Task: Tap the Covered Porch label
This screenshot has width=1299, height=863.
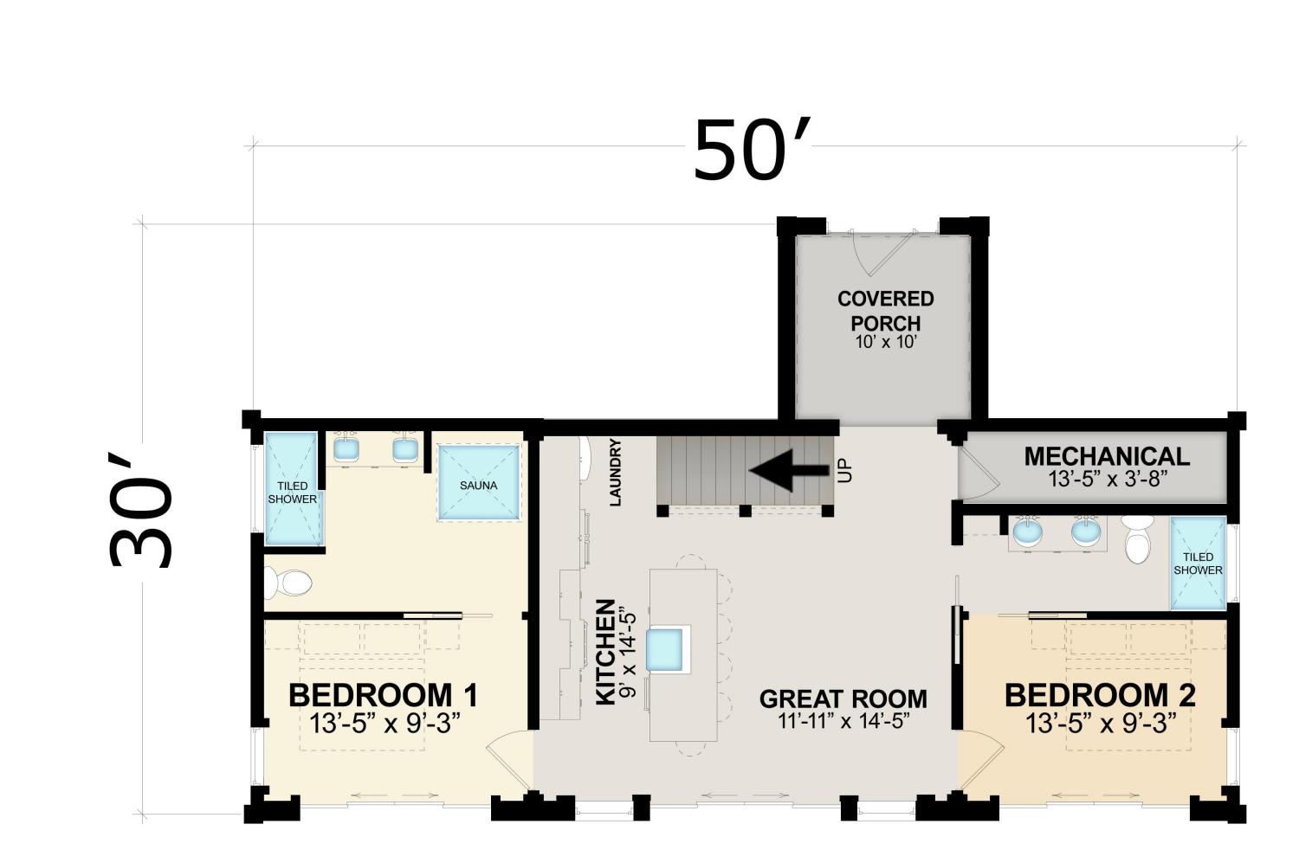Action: click(x=886, y=311)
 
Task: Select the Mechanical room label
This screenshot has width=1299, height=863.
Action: click(x=1107, y=456)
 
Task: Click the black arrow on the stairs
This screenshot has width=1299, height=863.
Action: click(x=789, y=469)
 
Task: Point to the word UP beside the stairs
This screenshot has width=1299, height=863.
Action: click(x=845, y=470)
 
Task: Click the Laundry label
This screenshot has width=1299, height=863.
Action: click(x=615, y=473)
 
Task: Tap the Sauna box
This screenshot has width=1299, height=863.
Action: click(x=478, y=483)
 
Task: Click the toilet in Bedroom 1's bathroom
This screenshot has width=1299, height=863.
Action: click(x=288, y=583)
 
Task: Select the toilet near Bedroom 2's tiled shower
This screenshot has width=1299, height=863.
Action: click(x=1137, y=538)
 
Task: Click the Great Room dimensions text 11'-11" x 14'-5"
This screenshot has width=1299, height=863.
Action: click(x=843, y=722)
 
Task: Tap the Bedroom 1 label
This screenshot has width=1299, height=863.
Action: click(x=384, y=695)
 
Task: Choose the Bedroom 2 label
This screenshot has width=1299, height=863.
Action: click(x=1100, y=695)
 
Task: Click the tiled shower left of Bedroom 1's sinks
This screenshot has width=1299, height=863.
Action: click(x=293, y=488)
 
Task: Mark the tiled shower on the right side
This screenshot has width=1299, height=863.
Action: click(x=1198, y=563)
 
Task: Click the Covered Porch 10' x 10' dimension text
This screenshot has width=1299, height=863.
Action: click(x=886, y=342)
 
